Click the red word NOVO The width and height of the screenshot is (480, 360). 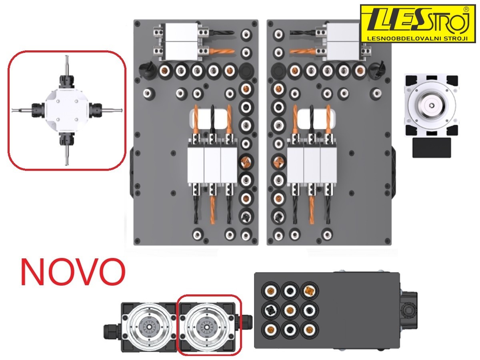pyautogui.click(x=73, y=272)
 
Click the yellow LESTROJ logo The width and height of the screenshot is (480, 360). pyautogui.click(x=418, y=24)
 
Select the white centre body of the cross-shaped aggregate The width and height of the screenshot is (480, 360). pyautogui.click(x=67, y=110)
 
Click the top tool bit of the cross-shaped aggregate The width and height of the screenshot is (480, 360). pyautogui.click(x=67, y=66)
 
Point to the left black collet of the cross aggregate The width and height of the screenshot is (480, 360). pyautogui.click(x=38, y=110)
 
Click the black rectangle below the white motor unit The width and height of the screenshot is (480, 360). pyautogui.click(x=432, y=148)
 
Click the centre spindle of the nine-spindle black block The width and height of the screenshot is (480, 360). pyautogui.click(x=290, y=310)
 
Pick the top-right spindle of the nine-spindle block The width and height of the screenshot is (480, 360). pyautogui.click(x=309, y=290)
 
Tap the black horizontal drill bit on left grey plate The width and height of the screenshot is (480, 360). pyautogui.click(x=221, y=33)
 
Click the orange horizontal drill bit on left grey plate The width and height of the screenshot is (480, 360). pyautogui.click(x=221, y=51)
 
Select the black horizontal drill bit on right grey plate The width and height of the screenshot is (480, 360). pyautogui.click(x=303, y=33)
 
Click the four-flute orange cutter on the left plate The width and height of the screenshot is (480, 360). pyautogui.click(x=245, y=162)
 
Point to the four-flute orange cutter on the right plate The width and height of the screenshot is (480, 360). pyautogui.click(x=278, y=162)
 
